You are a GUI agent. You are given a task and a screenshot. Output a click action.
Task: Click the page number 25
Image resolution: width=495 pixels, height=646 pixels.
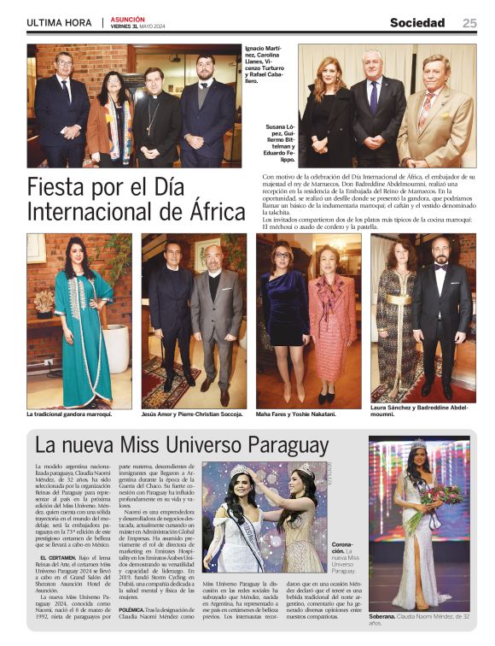tap(469, 23)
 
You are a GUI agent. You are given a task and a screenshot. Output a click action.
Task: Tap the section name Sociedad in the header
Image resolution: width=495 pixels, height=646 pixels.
tap(417, 23)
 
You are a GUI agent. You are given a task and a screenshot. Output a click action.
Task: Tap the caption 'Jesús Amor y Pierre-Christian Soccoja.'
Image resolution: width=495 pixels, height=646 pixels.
tap(192, 414)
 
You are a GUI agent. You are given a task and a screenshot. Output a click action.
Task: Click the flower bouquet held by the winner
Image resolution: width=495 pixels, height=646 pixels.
tap(442, 496)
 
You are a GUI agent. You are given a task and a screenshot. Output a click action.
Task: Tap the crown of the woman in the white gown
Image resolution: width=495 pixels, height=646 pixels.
tap(418, 443)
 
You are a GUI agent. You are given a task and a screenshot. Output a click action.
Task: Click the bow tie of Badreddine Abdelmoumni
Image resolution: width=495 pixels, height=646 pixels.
tap(441, 267)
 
